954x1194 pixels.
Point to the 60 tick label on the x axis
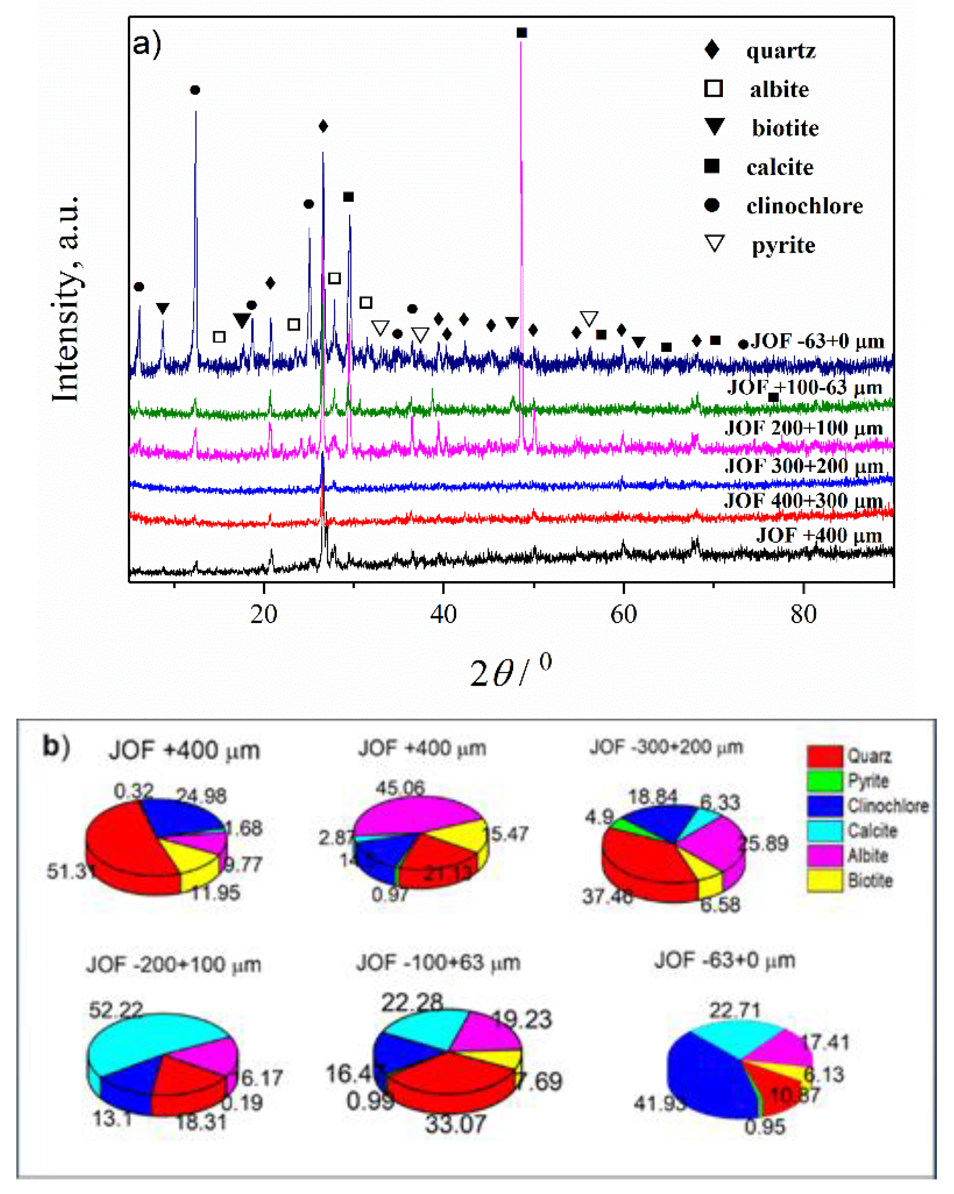click(623, 614)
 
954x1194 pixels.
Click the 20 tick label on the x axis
click(263, 614)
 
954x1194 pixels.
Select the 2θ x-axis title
click(510, 672)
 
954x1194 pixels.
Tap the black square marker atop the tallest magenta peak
click(521, 33)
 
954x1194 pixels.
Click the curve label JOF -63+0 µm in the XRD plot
click(817, 341)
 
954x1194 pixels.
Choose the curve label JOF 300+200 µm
click(804, 466)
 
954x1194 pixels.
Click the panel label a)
click(147, 43)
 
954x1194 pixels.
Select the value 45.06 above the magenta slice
click(400, 788)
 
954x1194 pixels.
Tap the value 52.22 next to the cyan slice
click(116, 1010)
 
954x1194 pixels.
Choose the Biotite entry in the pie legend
click(870, 881)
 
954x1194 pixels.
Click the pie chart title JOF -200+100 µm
click(173, 965)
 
